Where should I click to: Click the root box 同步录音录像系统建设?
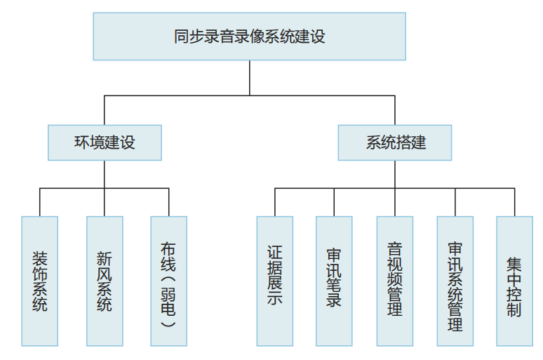point(249,36)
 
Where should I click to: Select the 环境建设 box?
point(105,142)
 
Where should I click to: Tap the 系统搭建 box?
point(395,142)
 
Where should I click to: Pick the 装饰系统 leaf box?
point(40,281)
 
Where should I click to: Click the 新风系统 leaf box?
point(105,281)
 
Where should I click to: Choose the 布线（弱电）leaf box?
point(169,281)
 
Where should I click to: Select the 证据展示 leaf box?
point(275,281)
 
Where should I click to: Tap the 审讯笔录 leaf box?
point(334,281)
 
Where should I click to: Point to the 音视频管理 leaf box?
point(395,281)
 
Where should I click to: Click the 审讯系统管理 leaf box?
point(455,281)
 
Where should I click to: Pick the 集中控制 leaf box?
point(514,281)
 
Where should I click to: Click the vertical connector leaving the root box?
point(249,77)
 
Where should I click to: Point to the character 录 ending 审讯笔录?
point(334,300)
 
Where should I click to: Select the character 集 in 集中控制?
point(514,264)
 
